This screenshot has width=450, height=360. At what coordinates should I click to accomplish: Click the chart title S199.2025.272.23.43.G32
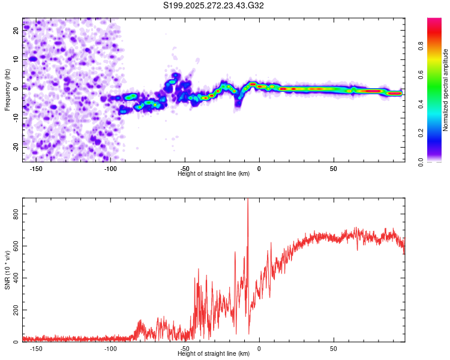click(x=214, y=6)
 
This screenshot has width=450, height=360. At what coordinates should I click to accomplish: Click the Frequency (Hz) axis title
click(x=7, y=89)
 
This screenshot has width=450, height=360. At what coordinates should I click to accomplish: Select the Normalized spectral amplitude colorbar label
click(x=446, y=90)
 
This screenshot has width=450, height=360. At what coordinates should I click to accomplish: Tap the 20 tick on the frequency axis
click(x=16, y=31)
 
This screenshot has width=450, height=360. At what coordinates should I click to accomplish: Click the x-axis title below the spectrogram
click(x=214, y=174)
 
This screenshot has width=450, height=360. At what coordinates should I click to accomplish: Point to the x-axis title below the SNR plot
click(x=214, y=354)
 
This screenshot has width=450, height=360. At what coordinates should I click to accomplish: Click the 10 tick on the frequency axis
click(x=16, y=60)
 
